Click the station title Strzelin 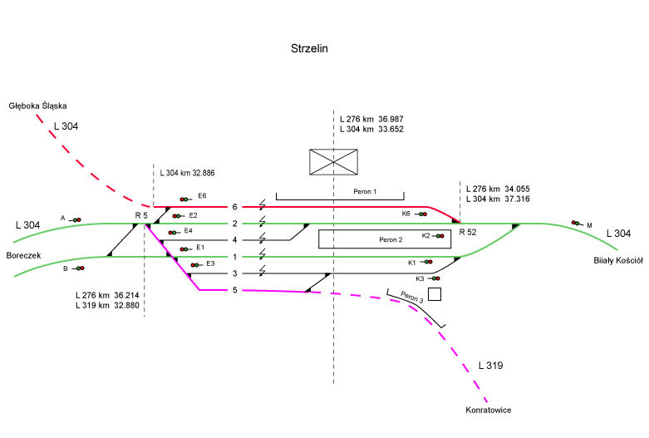tap(310, 49)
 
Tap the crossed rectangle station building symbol tap(333, 162)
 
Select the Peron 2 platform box tap(385, 239)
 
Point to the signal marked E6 tap(184, 199)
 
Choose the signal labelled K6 tap(422, 214)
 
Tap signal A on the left tap(76, 219)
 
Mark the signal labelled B tap(79, 268)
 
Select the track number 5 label tap(234, 290)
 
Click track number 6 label tap(235, 207)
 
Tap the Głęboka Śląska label tap(37, 106)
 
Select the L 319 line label tap(491, 366)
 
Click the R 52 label tap(468, 232)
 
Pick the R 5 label tap(140, 215)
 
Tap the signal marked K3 tap(434, 278)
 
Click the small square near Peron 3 tap(434, 293)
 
